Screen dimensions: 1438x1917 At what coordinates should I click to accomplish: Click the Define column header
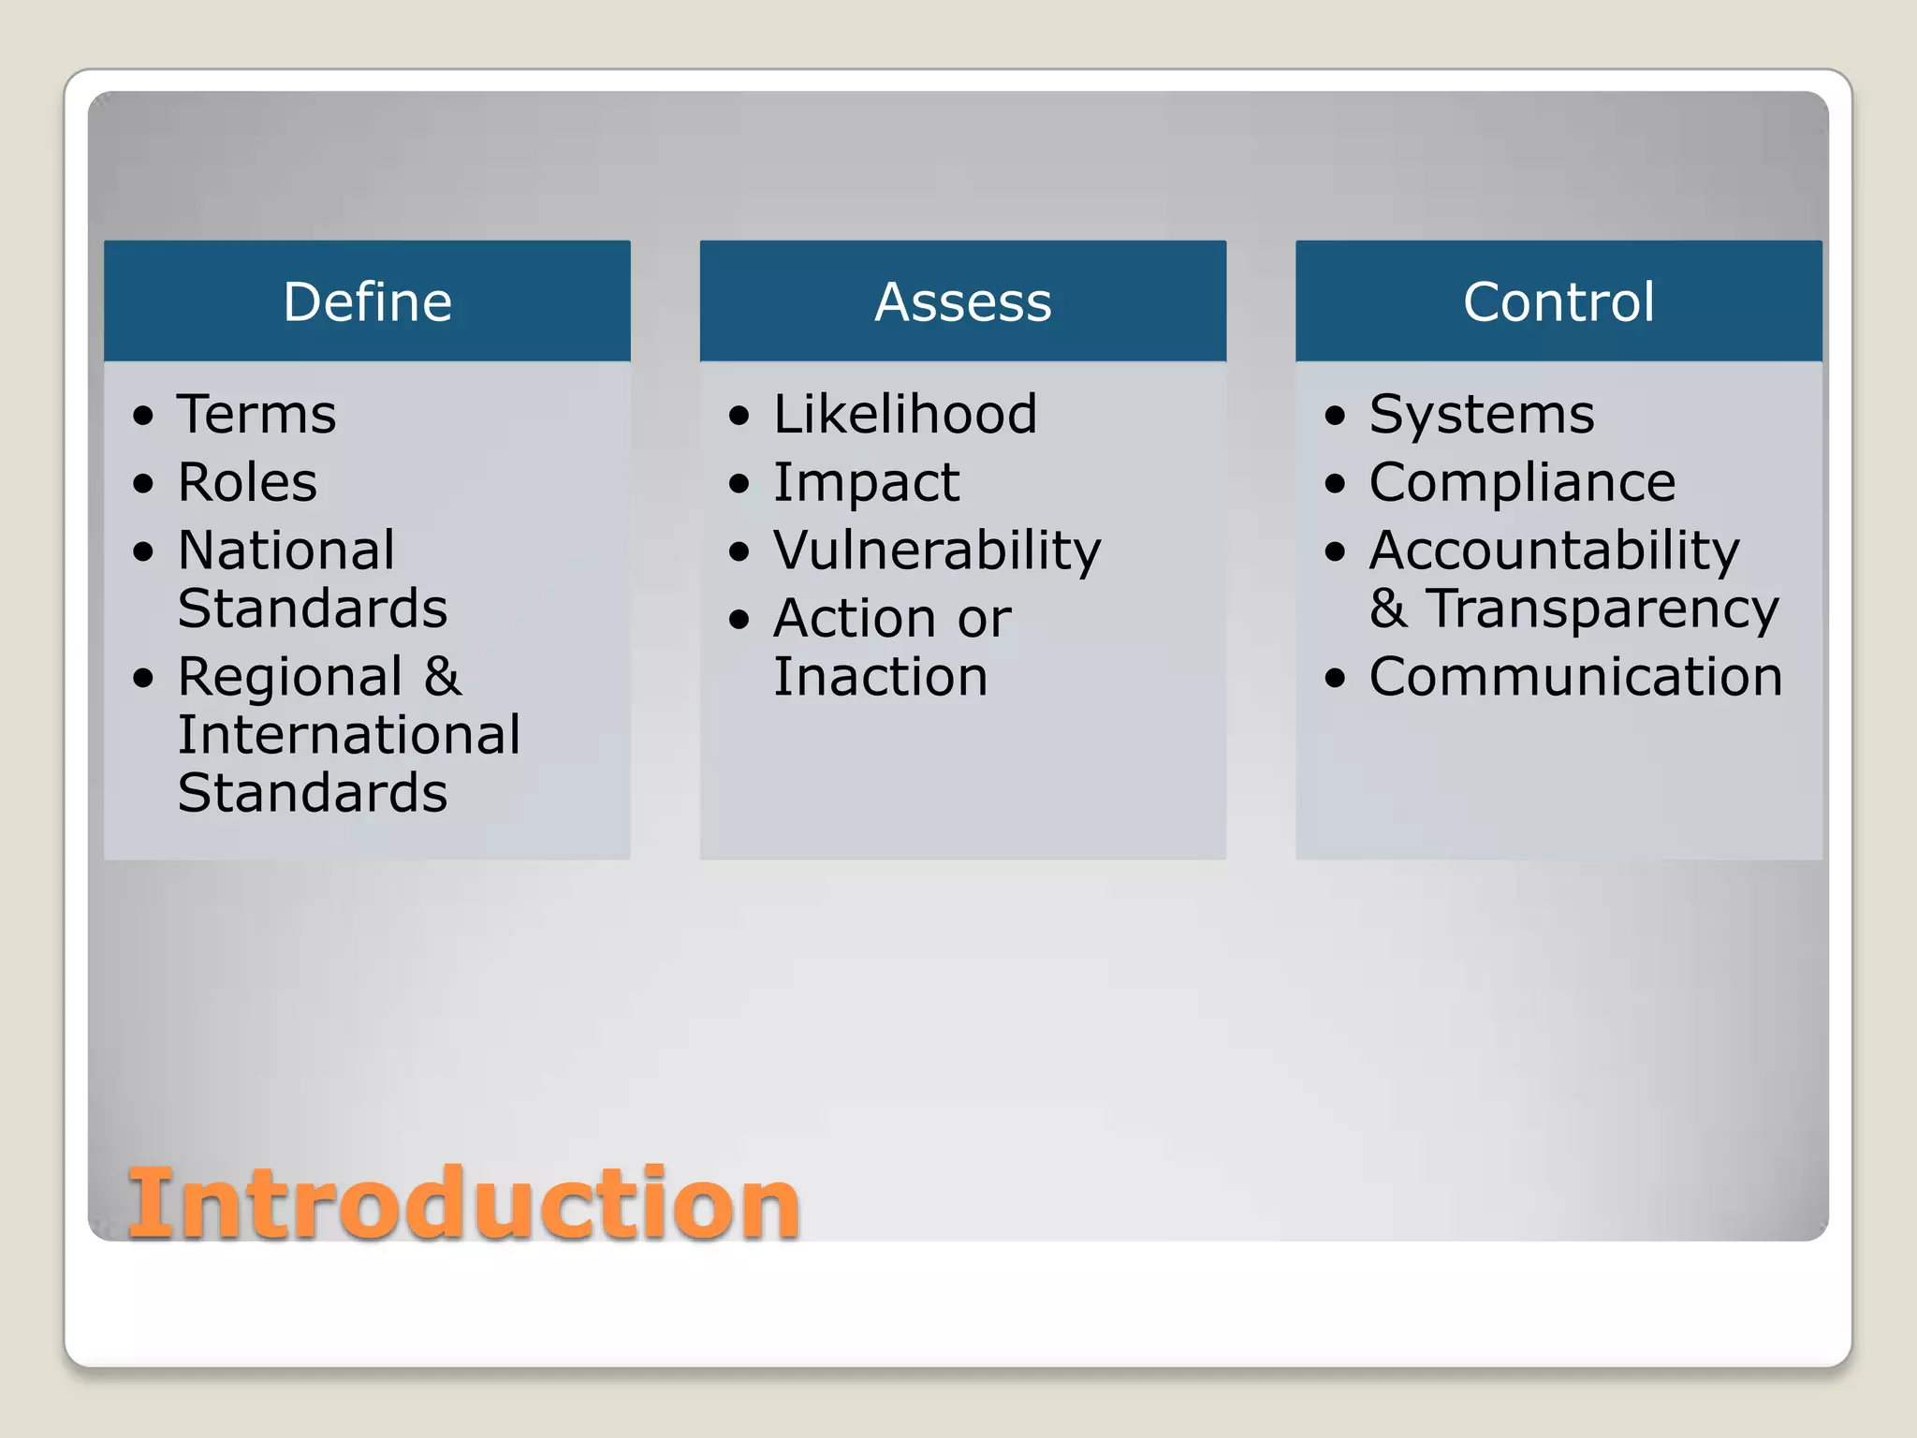pyautogui.click(x=367, y=301)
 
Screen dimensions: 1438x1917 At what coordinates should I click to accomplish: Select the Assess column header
pyautogui.click(x=962, y=301)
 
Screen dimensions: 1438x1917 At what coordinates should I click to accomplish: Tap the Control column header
pyautogui.click(x=1558, y=301)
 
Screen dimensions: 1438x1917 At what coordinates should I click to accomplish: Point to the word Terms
pyautogui.click(x=256, y=414)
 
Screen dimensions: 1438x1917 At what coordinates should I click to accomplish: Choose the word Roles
pyautogui.click(x=247, y=482)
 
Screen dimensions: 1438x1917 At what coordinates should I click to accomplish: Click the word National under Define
pyautogui.click(x=286, y=550)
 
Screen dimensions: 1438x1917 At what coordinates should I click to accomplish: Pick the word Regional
pyautogui.click(x=290, y=678)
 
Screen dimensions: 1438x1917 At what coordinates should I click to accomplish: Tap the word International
pyautogui.click(x=349, y=735)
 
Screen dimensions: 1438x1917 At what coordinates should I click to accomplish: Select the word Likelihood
pyautogui.click(x=905, y=414)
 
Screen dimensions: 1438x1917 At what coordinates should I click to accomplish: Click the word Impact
pyautogui.click(x=866, y=484)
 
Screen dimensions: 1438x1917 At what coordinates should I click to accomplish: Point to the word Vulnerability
pyautogui.click(x=937, y=550)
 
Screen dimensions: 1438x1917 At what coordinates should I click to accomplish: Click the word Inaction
pyautogui.click(x=880, y=677)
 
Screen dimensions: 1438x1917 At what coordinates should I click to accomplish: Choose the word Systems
pyautogui.click(x=1482, y=415)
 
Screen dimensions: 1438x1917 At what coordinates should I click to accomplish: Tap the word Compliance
pyautogui.click(x=1522, y=483)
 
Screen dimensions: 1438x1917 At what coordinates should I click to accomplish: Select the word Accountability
pyautogui.click(x=1554, y=550)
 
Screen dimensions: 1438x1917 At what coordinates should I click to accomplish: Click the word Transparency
pyautogui.click(x=1602, y=609)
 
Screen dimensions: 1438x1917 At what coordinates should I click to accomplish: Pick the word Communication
pyautogui.click(x=1575, y=677)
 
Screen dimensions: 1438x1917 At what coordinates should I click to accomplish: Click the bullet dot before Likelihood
pyautogui.click(x=739, y=415)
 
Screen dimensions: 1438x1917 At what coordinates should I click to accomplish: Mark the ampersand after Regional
pyautogui.click(x=443, y=676)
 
